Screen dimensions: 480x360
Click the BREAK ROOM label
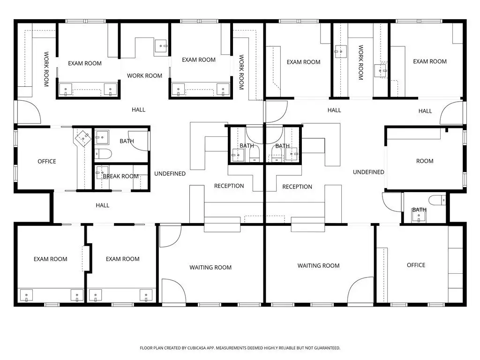point(120,176)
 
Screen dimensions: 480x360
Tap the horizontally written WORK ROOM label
point(144,75)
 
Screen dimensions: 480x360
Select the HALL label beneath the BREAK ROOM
point(103,205)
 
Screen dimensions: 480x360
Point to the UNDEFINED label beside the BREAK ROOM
point(170,173)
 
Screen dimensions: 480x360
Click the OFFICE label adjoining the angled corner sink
point(47,161)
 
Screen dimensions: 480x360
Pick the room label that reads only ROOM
point(425,161)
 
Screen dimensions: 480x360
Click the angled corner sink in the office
point(83,138)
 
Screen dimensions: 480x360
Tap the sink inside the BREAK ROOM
point(102,172)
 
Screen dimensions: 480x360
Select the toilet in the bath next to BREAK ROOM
point(103,154)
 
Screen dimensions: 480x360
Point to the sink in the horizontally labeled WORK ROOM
point(161,46)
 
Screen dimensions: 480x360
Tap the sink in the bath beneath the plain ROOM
point(419,217)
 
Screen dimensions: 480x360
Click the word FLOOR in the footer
point(146,348)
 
